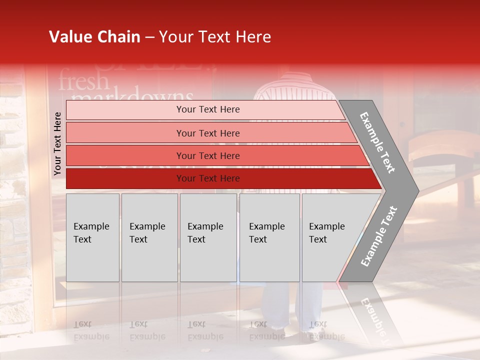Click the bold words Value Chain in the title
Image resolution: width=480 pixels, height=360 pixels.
coord(94,37)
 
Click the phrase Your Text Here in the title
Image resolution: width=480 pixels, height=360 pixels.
coord(215,37)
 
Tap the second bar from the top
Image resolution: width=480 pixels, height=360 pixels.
coord(208,133)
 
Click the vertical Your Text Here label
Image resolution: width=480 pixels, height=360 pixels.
coord(57,143)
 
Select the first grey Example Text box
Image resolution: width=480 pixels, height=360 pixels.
coord(92,237)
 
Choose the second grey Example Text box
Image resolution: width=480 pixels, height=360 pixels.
coord(149,237)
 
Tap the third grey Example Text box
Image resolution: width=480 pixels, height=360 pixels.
coord(208,237)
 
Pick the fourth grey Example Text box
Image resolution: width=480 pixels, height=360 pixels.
coord(269,237)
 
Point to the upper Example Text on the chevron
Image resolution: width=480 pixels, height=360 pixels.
coord(377,142)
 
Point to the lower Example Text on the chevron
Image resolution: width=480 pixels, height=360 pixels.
coord(379,236)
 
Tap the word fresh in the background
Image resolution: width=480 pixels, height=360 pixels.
coord(83,81)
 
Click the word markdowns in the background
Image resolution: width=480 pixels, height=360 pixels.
coord(132,96)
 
